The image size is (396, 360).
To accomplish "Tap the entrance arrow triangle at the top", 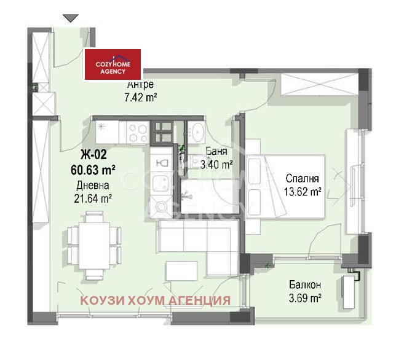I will [x=71, y=18].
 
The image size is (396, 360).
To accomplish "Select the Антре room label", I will [x=140, y=85].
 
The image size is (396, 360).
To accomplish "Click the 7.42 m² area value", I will [x=140, y=96].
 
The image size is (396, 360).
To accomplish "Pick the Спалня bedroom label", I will [x=302, y=179].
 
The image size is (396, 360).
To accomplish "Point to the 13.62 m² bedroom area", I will [x=302, y=191].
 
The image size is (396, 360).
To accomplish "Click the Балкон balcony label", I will [x=304, y=285].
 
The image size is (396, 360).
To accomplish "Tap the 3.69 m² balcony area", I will [x=304, y=298].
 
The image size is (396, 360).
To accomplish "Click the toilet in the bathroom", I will [x=161, y=163].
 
